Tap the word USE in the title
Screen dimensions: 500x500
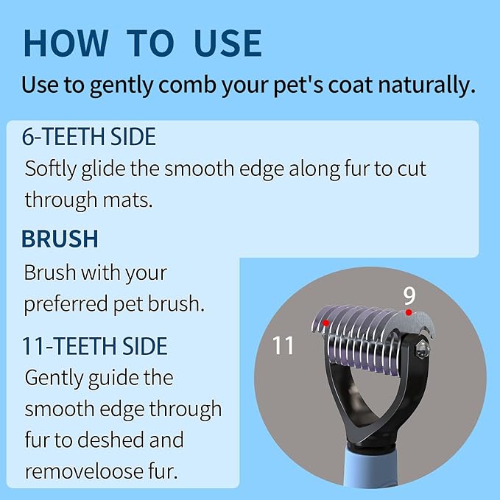click(x=228, y=43)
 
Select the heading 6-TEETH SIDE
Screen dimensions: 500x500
click(x=89, y=138)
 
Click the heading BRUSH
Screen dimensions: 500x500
click(x=60, y=239)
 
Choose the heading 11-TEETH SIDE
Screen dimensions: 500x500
click(x=95, y=345)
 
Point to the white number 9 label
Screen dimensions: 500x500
click(x=409, y=295)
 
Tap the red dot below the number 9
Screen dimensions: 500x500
click(x=409, y=313)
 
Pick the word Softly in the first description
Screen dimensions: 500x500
click(x=55, y=168)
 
